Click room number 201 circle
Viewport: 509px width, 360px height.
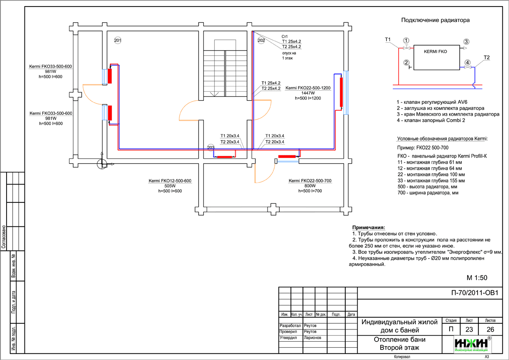point(118,40)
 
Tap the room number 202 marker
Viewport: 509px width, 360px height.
point(261,40)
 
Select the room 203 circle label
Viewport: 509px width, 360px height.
point(211,147)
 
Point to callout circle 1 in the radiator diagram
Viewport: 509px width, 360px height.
point(406,41)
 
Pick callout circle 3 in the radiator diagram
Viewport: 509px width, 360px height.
point(466,41)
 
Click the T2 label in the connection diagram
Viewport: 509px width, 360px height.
point(487,57)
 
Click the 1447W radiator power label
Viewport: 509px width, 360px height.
point(308,93)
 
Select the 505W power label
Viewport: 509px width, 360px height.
point(170,186)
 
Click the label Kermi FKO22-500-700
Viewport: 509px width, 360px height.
point(310,181)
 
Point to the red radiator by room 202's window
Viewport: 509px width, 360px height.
point(340,91)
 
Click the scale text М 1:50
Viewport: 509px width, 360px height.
point(477,278)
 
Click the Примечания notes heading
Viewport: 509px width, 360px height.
point(368,228)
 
